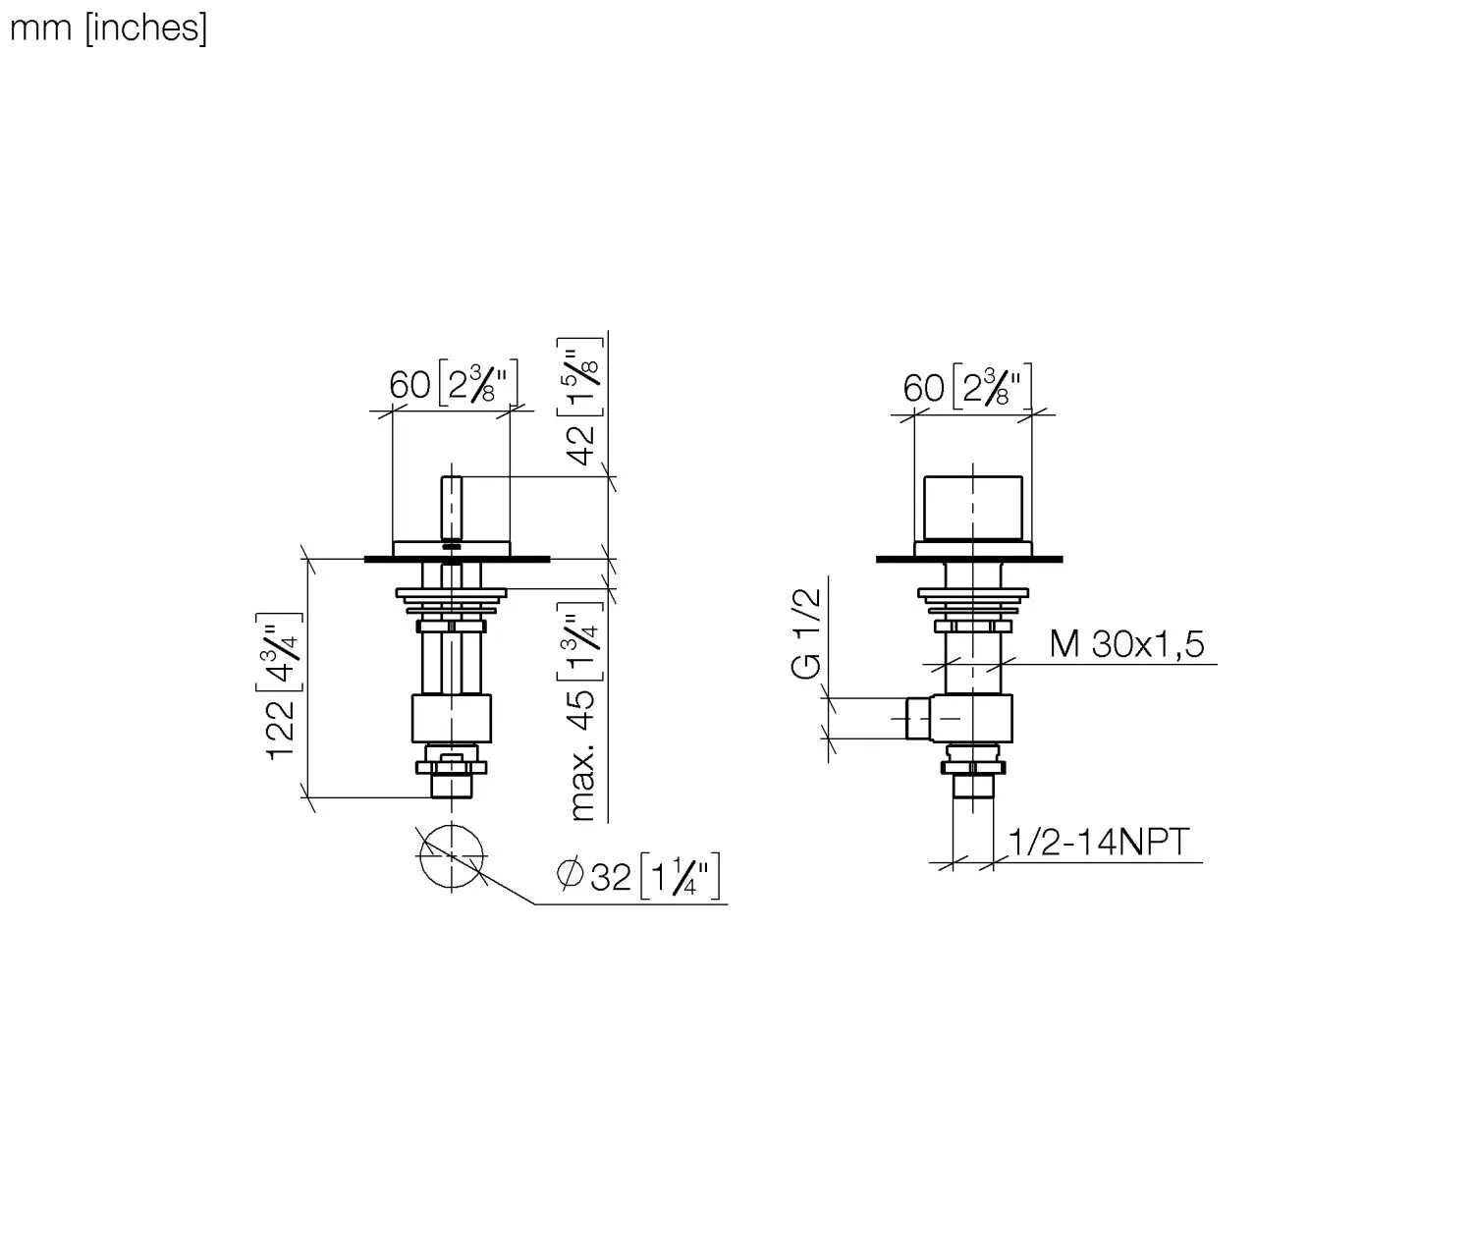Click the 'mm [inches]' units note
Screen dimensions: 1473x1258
pos(108,29)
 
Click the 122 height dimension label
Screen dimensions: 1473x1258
pos(281,730)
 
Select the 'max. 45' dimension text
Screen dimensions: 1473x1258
pos(583,755)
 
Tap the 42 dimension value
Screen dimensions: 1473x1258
pos(583,445)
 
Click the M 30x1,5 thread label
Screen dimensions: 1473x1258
pos(1126,643)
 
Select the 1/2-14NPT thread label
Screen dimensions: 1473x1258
pos(1098,842)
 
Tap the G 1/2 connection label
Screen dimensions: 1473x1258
pos(806,633)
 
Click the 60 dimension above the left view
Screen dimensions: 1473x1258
pos(409,386)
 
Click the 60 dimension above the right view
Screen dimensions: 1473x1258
pos(923,389)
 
